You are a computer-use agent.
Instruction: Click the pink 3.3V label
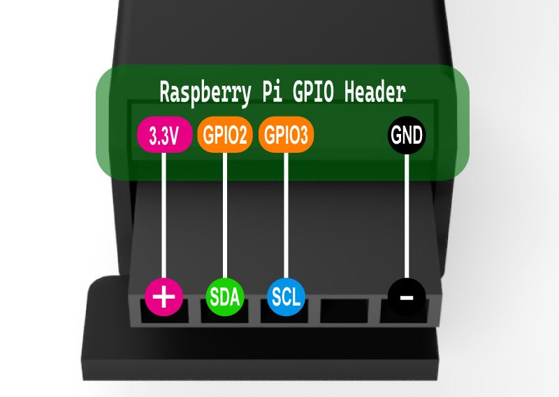164,135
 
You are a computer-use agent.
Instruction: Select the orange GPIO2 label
225,135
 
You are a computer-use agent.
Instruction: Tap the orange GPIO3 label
286,135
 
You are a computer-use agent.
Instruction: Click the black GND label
407,135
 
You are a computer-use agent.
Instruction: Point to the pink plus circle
164,297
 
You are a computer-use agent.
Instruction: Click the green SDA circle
225,297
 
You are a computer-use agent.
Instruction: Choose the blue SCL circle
286,297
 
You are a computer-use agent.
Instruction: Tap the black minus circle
407,297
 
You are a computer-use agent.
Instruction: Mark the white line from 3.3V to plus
164,216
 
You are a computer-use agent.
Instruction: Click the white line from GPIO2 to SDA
225,216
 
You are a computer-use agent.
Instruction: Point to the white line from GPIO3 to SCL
286,216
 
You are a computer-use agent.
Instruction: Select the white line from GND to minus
407,216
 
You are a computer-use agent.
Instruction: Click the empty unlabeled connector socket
346,313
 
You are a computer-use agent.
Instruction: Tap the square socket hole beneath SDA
225,318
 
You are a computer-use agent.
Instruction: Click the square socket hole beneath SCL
286,318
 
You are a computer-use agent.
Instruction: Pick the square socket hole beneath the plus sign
164,318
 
